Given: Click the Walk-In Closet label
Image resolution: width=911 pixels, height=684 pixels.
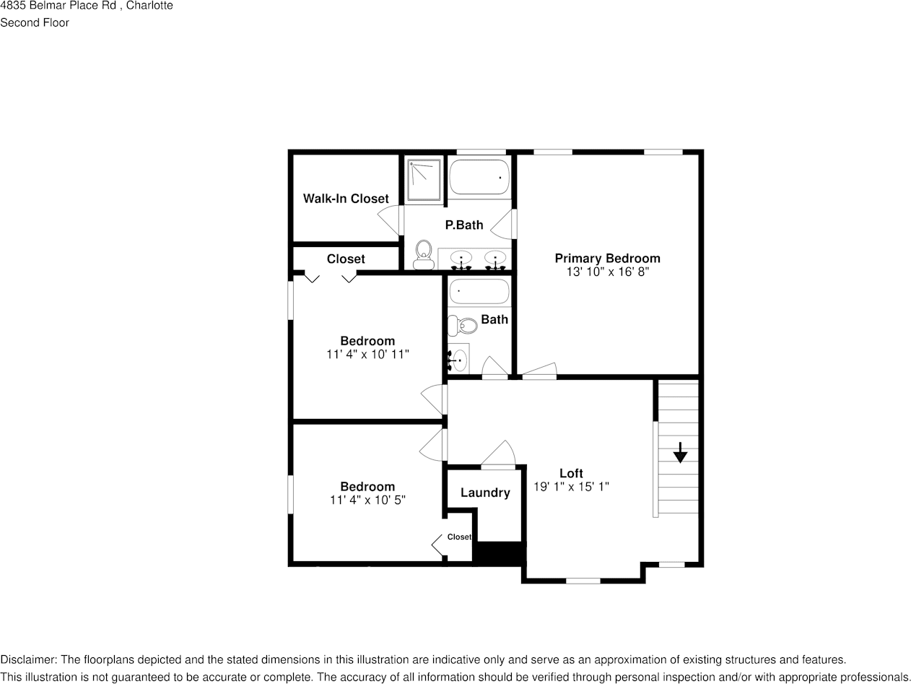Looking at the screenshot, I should (x=346, y=199).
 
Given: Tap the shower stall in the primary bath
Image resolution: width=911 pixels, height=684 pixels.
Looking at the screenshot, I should (x=424, y=179).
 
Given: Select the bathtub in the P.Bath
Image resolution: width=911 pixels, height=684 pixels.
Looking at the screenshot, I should (x=479, y=177).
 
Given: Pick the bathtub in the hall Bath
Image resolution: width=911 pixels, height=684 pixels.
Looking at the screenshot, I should (x=479, y=292).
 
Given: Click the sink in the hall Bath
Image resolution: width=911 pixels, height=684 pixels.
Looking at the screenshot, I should (x=459, y=359).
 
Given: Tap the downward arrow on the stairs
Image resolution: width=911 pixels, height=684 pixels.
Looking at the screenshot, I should (x=680, y=453).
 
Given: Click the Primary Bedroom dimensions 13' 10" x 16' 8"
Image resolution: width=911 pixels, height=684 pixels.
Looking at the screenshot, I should (x=607, y=272).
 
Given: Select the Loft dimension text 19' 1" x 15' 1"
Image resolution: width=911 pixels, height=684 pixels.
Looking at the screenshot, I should (x=571, y=487).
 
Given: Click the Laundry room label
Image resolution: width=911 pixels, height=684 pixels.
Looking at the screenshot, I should (x=485, y=493).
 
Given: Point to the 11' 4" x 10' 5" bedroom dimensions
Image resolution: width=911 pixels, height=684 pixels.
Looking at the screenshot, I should (x=367, y=500).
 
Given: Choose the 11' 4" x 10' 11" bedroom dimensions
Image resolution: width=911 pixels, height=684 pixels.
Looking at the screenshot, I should (x=367, y=354).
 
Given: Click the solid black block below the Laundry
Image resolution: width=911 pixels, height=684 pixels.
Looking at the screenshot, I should (x=499, y=553).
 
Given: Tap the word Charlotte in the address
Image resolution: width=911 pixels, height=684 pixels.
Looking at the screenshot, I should (x=149, y=6).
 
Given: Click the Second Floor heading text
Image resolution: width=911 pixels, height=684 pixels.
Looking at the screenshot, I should (x=35, y=22).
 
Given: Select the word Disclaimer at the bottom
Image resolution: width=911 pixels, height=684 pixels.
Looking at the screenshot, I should (x=27, y=659).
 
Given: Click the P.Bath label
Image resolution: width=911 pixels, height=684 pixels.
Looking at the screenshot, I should (x=464, y=225).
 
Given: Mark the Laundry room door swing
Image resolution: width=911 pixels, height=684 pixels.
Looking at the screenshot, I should (x=500, y=454).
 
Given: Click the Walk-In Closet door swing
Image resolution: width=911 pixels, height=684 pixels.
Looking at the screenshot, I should (x=391, y=220).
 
